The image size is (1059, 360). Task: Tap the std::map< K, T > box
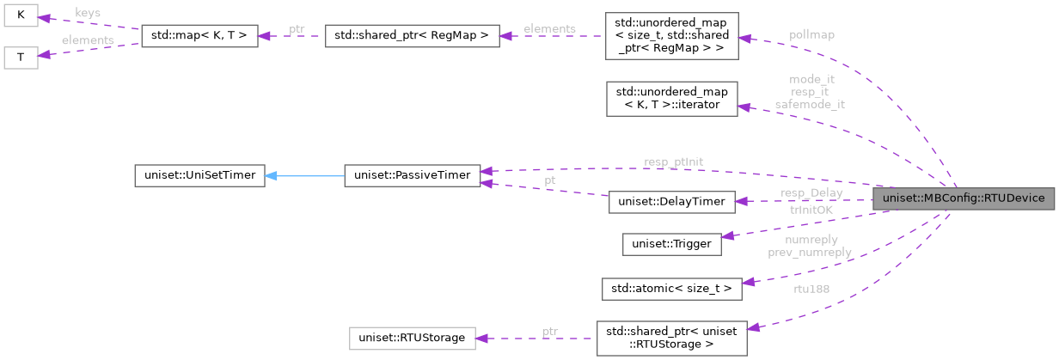[199, 37]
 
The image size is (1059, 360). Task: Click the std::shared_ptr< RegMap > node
[412, 37]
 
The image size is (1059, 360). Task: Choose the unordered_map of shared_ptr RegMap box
[671, 36]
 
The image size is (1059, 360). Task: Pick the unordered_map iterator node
[671, 99]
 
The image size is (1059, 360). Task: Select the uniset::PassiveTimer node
[411, 175]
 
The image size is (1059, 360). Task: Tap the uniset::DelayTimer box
[671, 202]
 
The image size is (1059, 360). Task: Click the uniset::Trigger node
[671, 244]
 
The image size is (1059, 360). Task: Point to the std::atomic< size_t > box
[671, 287]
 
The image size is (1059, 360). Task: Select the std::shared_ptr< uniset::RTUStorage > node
[671, 338]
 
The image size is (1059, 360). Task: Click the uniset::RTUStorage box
[412, 338]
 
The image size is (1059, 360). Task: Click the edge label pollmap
[811, 34]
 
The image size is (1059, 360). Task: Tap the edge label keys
[87, 14]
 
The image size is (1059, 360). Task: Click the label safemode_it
[810, 104]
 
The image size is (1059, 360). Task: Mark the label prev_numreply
[810, 253]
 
